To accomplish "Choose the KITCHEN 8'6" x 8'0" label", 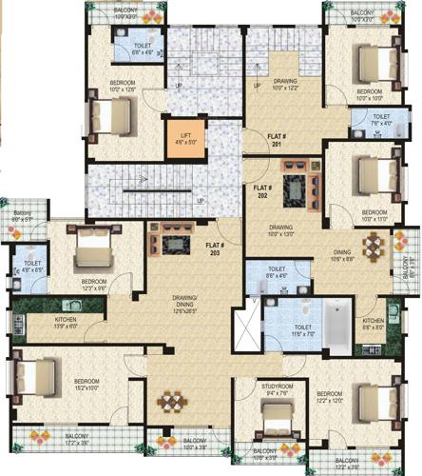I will coord(373,325).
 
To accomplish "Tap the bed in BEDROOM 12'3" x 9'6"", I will coord(92,251).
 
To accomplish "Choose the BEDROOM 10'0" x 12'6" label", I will coord(123,87).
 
